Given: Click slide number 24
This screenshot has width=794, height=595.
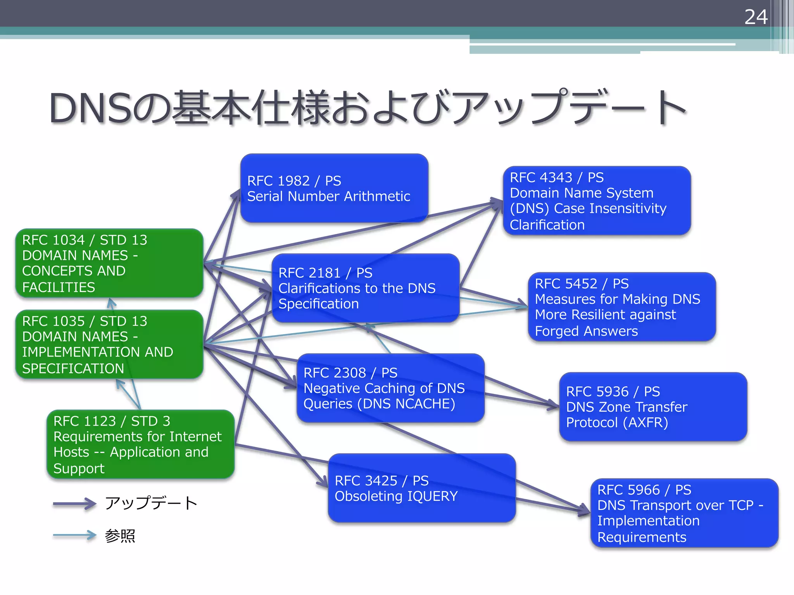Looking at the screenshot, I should [x=756, y=17].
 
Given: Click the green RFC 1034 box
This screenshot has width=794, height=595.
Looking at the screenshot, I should [x=109, y=263].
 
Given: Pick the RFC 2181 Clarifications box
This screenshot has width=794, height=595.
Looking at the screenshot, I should [x=365, y=288].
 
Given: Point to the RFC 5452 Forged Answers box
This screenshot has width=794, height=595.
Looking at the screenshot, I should [x=621, y=307].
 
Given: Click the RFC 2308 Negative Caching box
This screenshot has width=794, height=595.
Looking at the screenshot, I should [x=390, y=388].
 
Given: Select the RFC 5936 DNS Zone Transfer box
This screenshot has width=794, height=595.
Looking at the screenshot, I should [x=652, y=407].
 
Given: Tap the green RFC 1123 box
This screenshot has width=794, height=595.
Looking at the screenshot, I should [x=140, y=444].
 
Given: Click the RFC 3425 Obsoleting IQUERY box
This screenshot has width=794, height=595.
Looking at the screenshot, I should [x=421, y=488].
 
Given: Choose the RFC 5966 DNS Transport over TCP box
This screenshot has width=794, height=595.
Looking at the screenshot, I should [x=684, y=513].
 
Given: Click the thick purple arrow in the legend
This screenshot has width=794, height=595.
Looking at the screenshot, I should [x=74, y=504].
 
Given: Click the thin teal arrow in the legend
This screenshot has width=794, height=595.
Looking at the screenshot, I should [x=74, y=535].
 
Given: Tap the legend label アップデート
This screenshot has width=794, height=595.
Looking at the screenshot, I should [x=151, y=503].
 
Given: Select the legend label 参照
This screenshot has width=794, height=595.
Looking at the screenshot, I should [x=120, y=536].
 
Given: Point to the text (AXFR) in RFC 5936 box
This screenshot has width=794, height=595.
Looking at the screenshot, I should [x=645, y=423].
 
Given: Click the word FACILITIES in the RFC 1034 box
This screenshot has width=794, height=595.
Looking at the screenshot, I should [x=59, y=287].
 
